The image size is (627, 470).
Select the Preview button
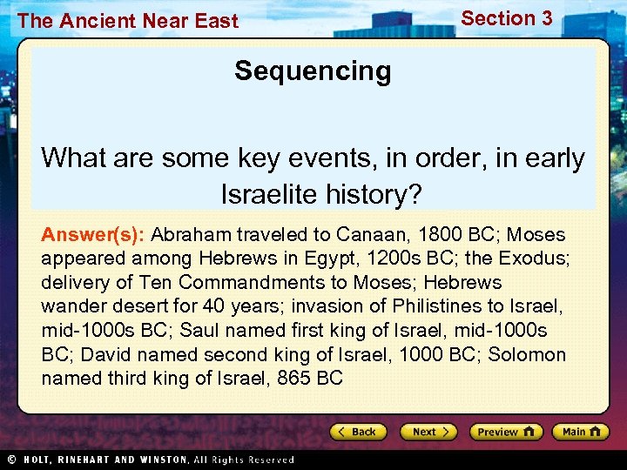coord(506,432)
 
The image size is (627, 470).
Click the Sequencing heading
coord(313,70)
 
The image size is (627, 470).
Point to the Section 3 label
coord(506,18)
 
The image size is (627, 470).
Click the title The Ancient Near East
coord(127,21)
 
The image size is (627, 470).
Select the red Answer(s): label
coord(94,235)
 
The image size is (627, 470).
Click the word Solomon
coord(527,354)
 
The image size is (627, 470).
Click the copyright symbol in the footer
coord(10,460)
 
